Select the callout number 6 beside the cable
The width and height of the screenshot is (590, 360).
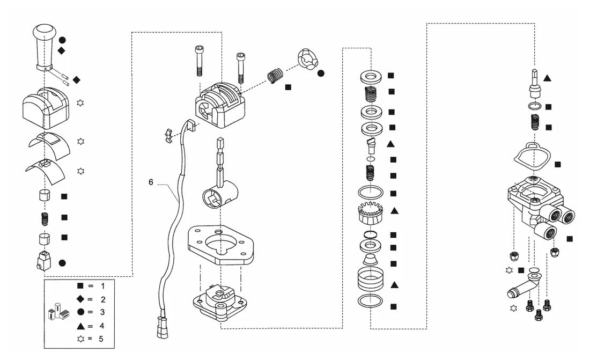point(151,182)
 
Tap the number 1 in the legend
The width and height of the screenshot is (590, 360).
point(102,286)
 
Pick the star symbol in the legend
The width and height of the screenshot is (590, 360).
point(80,339)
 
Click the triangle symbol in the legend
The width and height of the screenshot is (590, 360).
point(80,326)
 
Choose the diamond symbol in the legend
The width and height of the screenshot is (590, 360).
point(80,299)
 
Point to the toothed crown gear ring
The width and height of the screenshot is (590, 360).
point(370,213)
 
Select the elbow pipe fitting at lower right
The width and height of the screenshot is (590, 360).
point(522,285)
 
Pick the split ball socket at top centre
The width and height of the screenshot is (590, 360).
point(308,59)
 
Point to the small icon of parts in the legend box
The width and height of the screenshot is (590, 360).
point(59,311)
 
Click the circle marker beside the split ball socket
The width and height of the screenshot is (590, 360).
point(321,74)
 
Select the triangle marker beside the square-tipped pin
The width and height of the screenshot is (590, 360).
point(548,78)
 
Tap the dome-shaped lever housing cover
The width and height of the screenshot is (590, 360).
point(46,107)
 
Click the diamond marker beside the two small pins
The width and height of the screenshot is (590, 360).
point(76,80)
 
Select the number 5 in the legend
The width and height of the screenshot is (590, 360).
point(101,339)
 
